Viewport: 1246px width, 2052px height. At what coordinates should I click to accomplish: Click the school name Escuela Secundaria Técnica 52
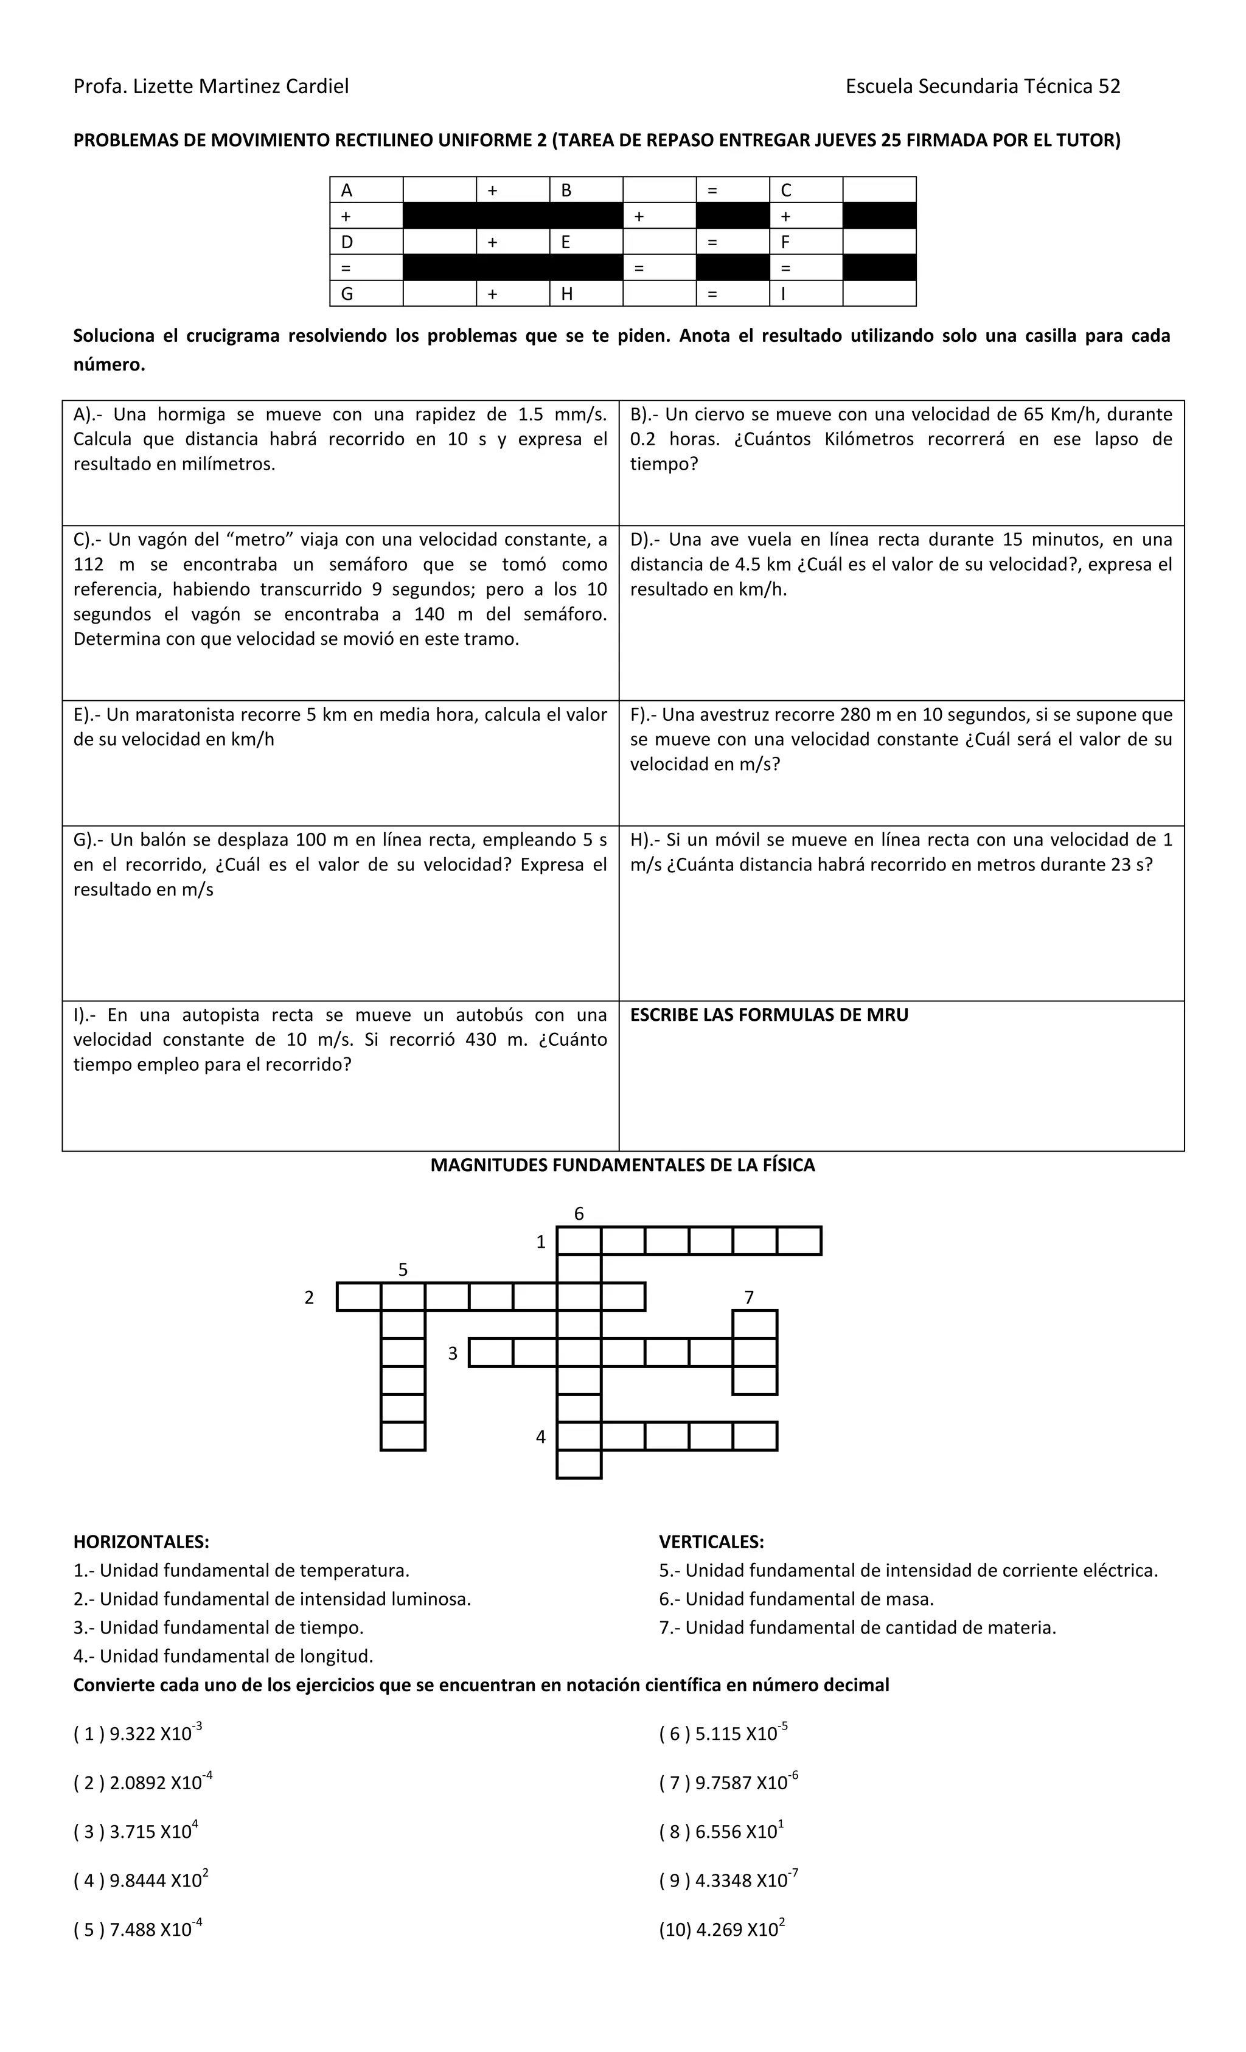982,86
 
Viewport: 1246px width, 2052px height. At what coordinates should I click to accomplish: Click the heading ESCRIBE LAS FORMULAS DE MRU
769,1014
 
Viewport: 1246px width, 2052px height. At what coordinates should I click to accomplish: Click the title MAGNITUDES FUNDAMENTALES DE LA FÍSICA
622,1165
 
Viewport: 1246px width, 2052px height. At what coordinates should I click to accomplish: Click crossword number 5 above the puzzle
403,1269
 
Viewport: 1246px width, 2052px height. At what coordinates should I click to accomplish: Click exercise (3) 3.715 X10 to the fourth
136,1831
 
